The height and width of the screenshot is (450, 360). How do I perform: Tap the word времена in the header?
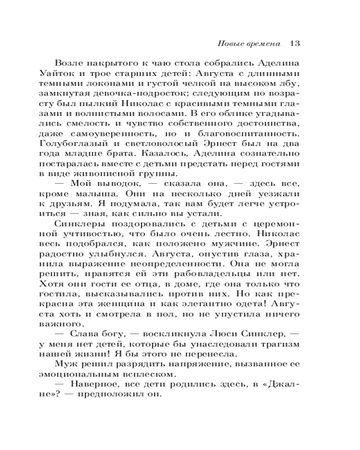pyautogui.click(x=263, y=44)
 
